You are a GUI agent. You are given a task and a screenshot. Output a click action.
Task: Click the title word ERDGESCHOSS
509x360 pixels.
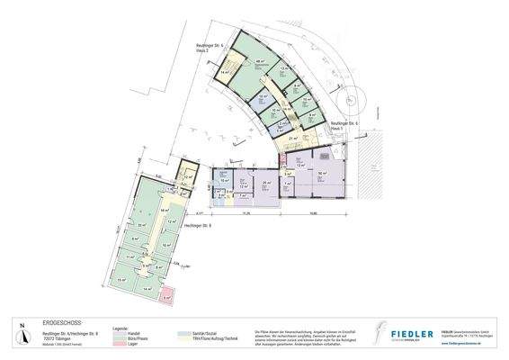click(64, 321)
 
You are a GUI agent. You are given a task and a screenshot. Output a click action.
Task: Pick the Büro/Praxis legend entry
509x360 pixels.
click(124, 338)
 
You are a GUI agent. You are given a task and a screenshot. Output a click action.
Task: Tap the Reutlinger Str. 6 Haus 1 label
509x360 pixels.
click(344, 125)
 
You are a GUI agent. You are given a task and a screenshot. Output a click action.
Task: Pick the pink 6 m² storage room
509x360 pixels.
click(167, 294)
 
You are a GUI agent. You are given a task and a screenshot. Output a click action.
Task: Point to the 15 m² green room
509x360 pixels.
click(123, 280)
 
